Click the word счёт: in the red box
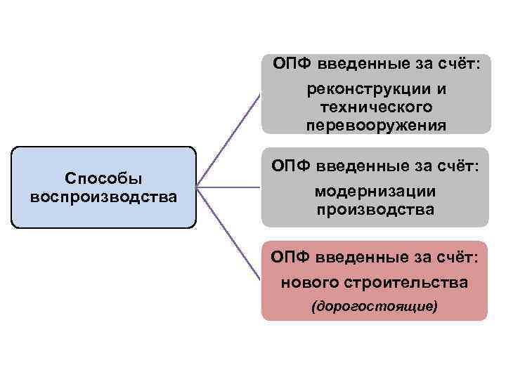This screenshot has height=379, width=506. (457, 258)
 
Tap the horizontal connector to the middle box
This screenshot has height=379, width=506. (228, 187)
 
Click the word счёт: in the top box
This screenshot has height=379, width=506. (457, 65)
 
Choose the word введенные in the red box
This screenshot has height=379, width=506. (354, 258)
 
